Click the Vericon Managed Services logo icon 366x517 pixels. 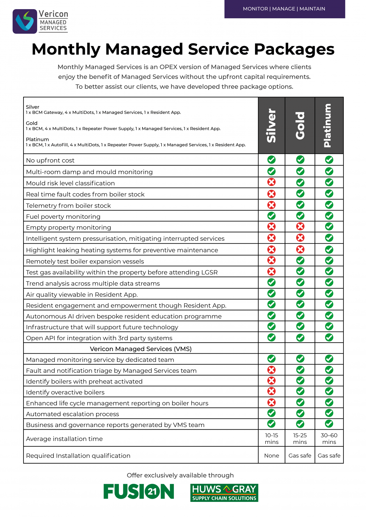point(25,21)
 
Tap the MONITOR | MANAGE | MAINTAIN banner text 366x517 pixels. point(284,9)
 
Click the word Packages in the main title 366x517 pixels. point(294,49)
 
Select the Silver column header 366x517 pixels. point(271,125)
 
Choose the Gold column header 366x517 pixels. point(300,125)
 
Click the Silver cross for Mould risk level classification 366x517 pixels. point(271,182)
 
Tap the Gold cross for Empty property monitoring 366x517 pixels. point(300,227)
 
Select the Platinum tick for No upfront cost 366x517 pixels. point(329,160)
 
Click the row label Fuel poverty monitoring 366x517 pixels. point(63,217)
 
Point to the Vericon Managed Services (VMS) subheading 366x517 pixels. point(141,349)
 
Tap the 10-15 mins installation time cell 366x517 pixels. point(271,439)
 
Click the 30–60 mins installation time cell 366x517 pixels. point(329,439)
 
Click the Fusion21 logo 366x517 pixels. point(139,492)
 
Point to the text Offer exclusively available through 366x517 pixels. point(180,476)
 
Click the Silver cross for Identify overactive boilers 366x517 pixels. point(271,391)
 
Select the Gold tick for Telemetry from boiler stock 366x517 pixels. point(300,205)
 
